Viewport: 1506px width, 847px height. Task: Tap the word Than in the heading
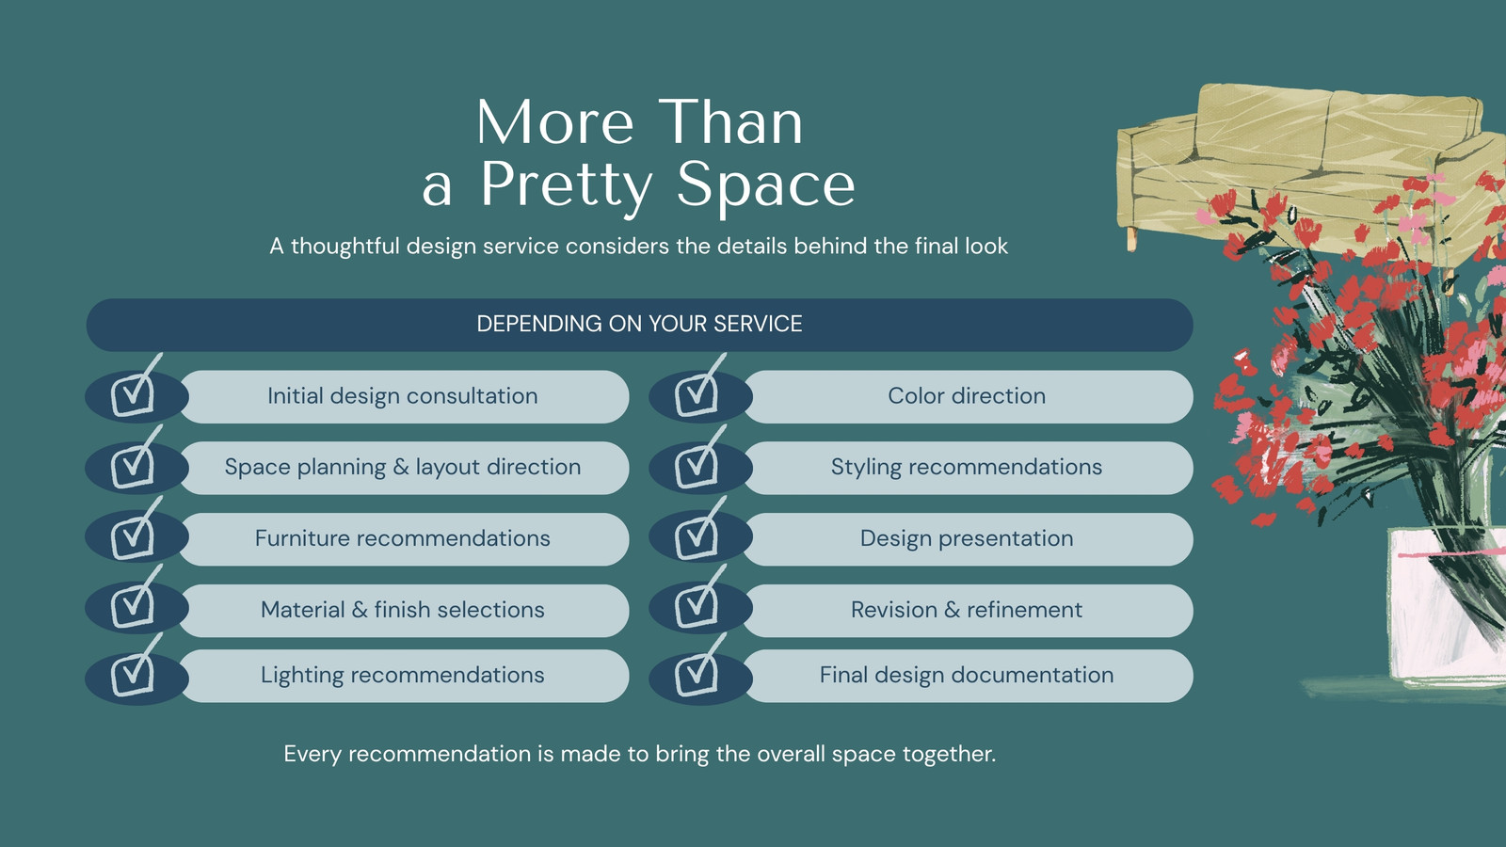[730, 122]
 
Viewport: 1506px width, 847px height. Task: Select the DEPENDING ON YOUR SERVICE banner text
[639, 324]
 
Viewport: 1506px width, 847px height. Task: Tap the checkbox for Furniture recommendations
[133, 535]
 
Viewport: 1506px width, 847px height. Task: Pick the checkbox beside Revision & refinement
[697, 604]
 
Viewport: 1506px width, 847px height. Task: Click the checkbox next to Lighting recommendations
[133, 673]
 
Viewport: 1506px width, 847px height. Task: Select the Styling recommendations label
[967, 467]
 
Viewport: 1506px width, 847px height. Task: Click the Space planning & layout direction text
[403, 467]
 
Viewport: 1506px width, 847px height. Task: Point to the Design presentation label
[967, 538]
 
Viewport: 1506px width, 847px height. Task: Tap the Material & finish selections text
[403, 610]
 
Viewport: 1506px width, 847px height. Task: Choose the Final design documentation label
[967, 675]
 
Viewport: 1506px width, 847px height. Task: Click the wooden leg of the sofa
[1131, 240]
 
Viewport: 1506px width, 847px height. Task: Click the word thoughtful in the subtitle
[344, 246]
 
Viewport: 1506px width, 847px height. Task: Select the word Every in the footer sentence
[312, 754]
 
